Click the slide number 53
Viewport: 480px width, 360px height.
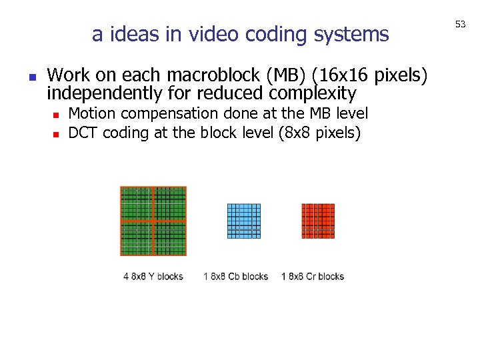460,25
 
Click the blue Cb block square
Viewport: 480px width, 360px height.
244,221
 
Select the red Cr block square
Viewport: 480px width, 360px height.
318,221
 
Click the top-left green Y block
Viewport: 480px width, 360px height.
137,204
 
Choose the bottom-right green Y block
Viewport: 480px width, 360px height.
170,238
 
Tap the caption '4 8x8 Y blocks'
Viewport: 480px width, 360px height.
153,276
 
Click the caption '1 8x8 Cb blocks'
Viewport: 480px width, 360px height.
236,276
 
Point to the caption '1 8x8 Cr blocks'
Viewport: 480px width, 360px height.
313,276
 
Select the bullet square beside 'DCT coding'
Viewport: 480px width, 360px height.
57,134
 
